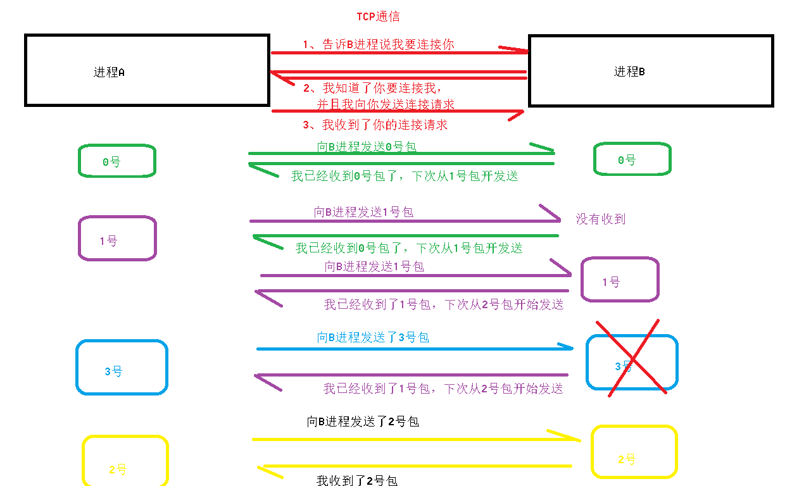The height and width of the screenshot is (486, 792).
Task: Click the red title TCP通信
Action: pos(378,16)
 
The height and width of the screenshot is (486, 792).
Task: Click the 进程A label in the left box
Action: pos(109,72)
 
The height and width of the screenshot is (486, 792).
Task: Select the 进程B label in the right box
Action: pos(629,72)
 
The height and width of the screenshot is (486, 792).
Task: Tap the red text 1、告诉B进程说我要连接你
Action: pos(378,44)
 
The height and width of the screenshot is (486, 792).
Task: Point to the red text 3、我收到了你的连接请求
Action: pos(375,125)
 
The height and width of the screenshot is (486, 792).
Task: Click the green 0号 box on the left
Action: pos(116,161)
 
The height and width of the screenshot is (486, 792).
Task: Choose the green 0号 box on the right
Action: pos(632,159)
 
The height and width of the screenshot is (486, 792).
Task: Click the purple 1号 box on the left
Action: pos(116,239)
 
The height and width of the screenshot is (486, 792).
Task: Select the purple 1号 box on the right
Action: pos(620,280)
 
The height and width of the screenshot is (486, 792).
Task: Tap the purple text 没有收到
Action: pos(600,220)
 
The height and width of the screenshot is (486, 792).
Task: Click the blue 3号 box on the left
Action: pos(122,368)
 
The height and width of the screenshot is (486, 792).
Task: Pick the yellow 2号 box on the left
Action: pos(125,461)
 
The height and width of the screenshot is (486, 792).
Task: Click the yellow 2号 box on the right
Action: pos(634,452)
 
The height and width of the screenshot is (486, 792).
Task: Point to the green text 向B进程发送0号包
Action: pos(367,147)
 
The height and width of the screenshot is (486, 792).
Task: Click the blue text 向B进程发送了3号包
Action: pos(373,337)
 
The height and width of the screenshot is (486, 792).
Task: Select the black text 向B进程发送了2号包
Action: pos(363,421)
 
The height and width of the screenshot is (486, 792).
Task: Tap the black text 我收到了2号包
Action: pos(356,480)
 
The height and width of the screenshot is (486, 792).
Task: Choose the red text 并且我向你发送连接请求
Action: pos(386,104)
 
